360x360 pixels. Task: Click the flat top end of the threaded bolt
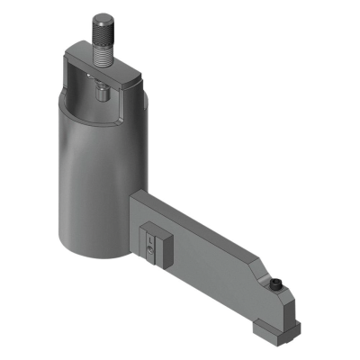pyautogui.click(x=103, y=15)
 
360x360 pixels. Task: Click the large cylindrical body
pyautogui.click(x=90, y=180)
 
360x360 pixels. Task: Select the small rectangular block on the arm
pyautogui.click(x=155, y=244)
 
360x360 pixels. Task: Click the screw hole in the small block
pyautogui.click(x=150, y=241)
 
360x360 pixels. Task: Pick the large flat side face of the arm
pyautogui.click(x=207, y=261)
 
